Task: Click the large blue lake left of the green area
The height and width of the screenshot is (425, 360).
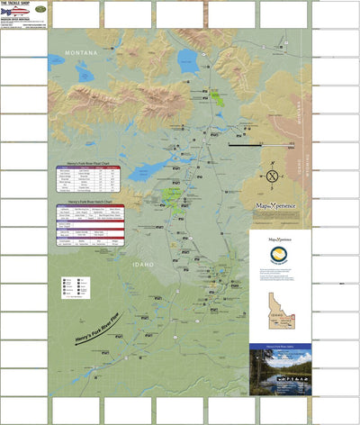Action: [x=144, y=172]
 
